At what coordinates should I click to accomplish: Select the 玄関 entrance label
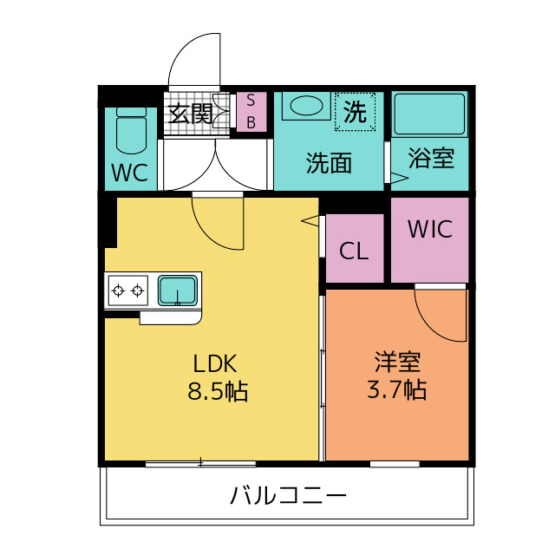pos(190,113)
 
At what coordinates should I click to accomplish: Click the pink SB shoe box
pos(251,112)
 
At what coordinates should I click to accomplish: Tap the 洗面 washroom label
pos(329,162)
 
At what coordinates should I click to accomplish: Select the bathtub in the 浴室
pos(431,114)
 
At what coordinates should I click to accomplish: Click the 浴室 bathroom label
pos(431,160)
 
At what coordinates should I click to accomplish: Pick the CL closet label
pos(354,251)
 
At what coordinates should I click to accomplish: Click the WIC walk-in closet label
pos(430,229)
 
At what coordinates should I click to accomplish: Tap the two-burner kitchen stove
pos(127,289)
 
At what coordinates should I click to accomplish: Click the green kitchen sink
pos(178,288)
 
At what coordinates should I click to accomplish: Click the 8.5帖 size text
pos(218,391)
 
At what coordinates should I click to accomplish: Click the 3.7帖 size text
pos(396,389)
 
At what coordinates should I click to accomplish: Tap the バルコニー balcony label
pos(289,496)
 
